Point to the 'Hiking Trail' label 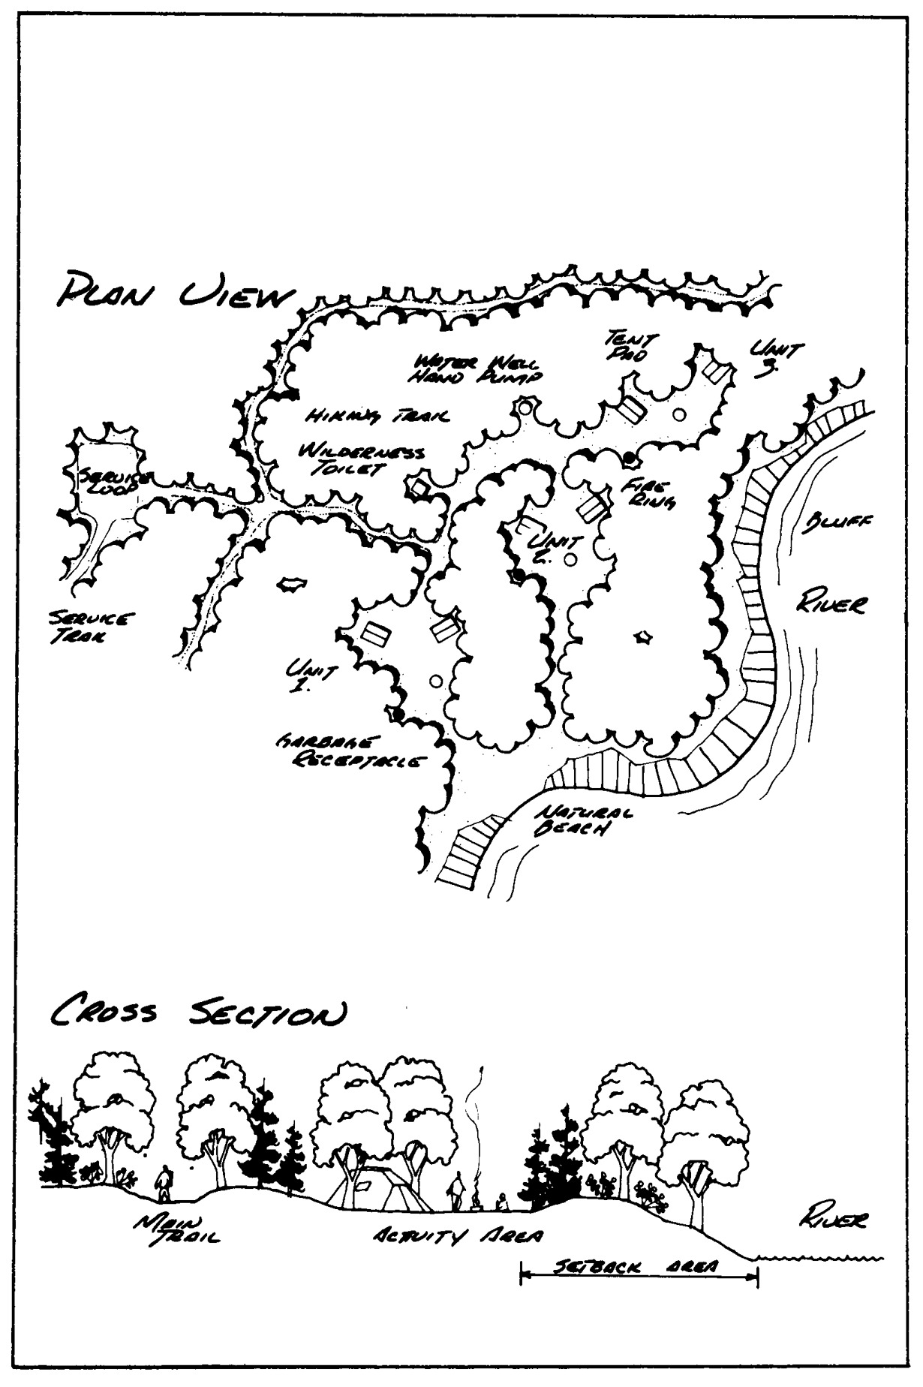(373, 415)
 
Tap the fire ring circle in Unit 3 (680, 414)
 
